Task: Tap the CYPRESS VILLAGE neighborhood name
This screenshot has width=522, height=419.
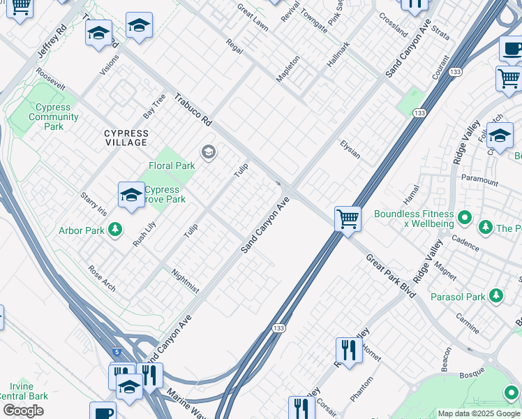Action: (126, 138)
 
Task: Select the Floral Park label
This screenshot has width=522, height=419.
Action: (172, 166)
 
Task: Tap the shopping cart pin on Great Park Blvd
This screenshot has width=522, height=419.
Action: (347, 219)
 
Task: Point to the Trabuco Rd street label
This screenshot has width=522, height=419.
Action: (193, 110)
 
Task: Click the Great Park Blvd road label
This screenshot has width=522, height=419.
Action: (391, 276)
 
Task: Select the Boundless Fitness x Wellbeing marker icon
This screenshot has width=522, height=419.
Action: (465, 223)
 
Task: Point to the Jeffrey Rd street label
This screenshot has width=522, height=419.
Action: (52, 43)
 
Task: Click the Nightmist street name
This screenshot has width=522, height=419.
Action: (185, 280)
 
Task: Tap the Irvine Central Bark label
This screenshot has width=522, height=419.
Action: (24, 391)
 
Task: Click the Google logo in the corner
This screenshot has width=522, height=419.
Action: (23, 411)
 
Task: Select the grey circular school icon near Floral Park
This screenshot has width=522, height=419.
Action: (207, 152)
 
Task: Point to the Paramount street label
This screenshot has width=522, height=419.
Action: (479, 182)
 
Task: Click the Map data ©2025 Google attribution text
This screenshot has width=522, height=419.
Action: (479, 413)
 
